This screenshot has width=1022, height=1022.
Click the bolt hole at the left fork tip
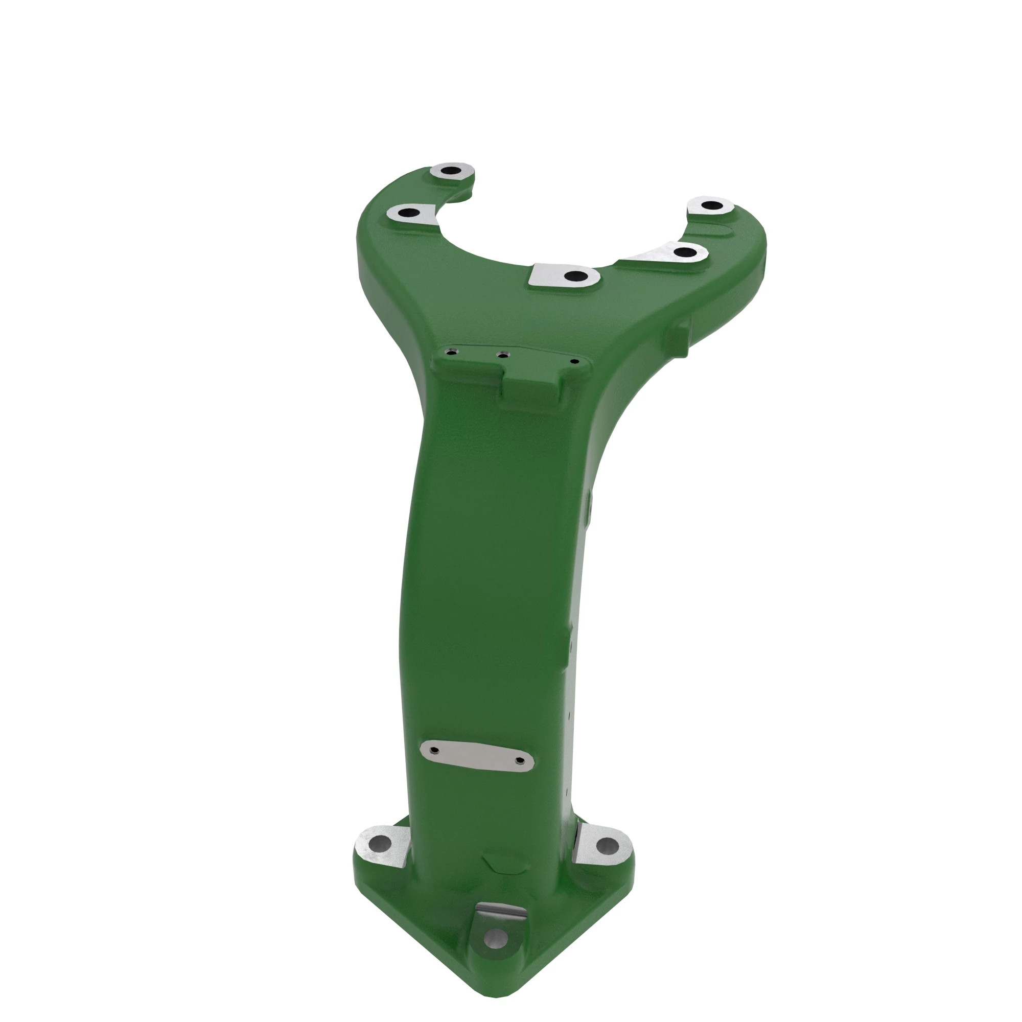pos(451,171)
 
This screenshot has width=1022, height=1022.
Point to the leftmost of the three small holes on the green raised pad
pos(451,351)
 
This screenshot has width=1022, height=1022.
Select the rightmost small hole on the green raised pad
pos(575,362)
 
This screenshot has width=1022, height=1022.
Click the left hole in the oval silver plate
pos(434,750)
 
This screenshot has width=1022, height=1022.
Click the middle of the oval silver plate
pos(477,755)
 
